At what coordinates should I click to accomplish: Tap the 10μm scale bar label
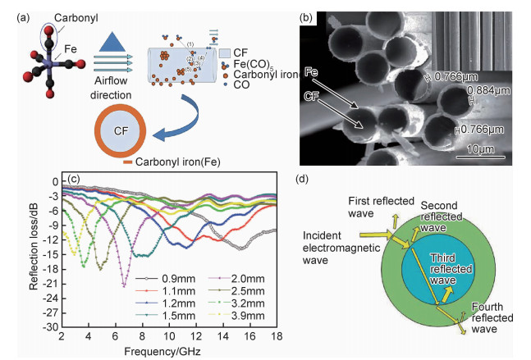coord(480,151)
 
